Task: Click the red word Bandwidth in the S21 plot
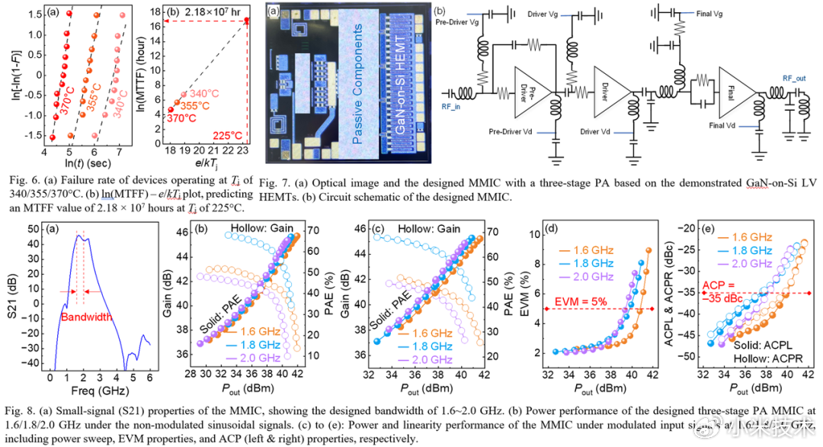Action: pyautogui.click(x=84, y=317)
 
